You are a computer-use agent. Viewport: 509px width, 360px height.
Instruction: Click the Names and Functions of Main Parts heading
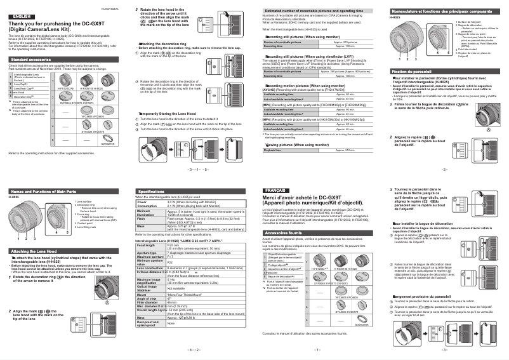point(44,190)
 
